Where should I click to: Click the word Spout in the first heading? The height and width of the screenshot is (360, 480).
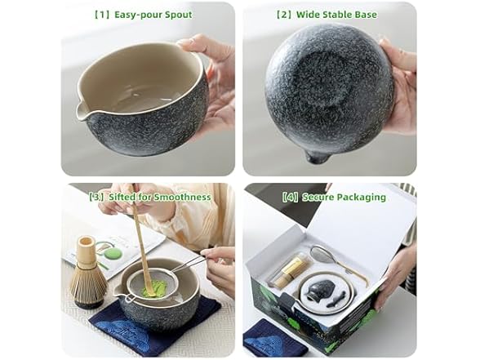pyautogui.click(x=178, y=15)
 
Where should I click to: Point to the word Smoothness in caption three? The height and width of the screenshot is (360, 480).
pyautogui.click(x=182, y=197)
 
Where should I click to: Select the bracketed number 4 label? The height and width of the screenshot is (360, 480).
pyautogui.click(x=290, y=197)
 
